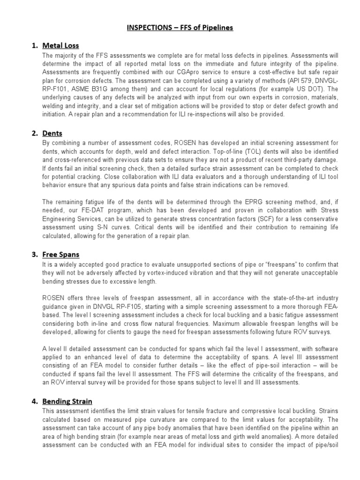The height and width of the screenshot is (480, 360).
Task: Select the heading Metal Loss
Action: [60, 45]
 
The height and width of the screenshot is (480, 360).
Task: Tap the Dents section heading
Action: [52, 133]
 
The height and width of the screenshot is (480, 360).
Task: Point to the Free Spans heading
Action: [60, 255]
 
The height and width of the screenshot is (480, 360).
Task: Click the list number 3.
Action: [34, 255]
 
